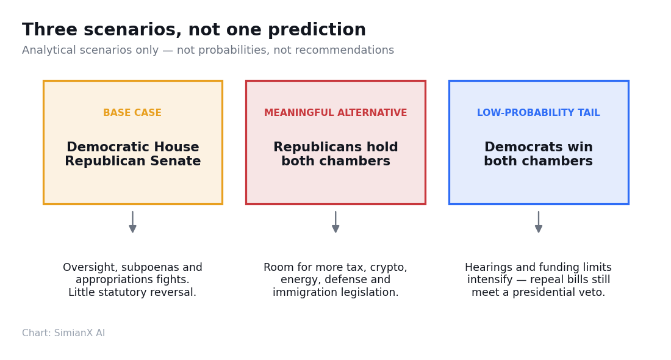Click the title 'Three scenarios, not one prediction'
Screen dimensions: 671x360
point(194,30)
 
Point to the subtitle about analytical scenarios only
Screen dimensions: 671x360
point(208,50)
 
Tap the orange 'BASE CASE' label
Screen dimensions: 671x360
point(132,113)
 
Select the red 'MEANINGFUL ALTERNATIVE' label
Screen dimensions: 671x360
point(335,113)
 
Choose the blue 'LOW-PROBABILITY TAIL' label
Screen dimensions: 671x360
point(539,113)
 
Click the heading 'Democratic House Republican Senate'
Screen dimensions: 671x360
point(132,154)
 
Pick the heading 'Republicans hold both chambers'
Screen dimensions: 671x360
point(335,154)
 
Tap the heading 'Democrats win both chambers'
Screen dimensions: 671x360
point(539,154)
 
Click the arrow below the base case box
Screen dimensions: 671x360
point(132,221)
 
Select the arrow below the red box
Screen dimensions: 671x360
point(335,221)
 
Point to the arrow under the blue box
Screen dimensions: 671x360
point(539,221)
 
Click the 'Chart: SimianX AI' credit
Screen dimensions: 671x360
point(63,333)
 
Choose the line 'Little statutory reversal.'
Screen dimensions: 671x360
point(132,292)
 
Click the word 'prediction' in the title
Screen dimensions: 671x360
point(317,30)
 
